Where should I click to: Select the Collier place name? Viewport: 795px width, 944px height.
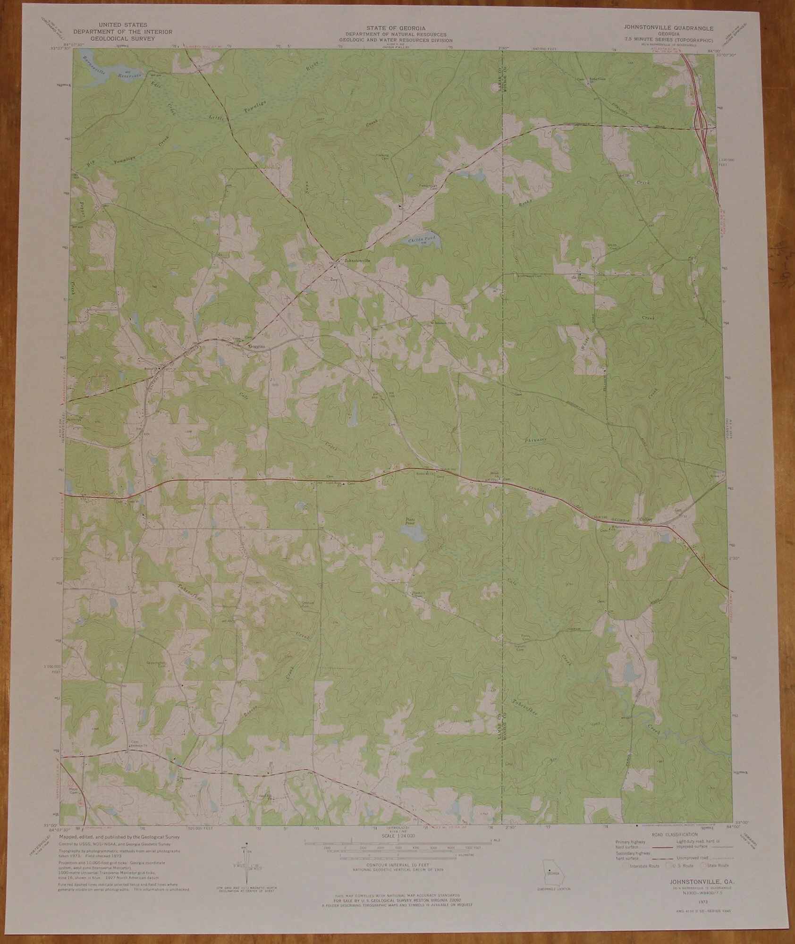tap(645, 519)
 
